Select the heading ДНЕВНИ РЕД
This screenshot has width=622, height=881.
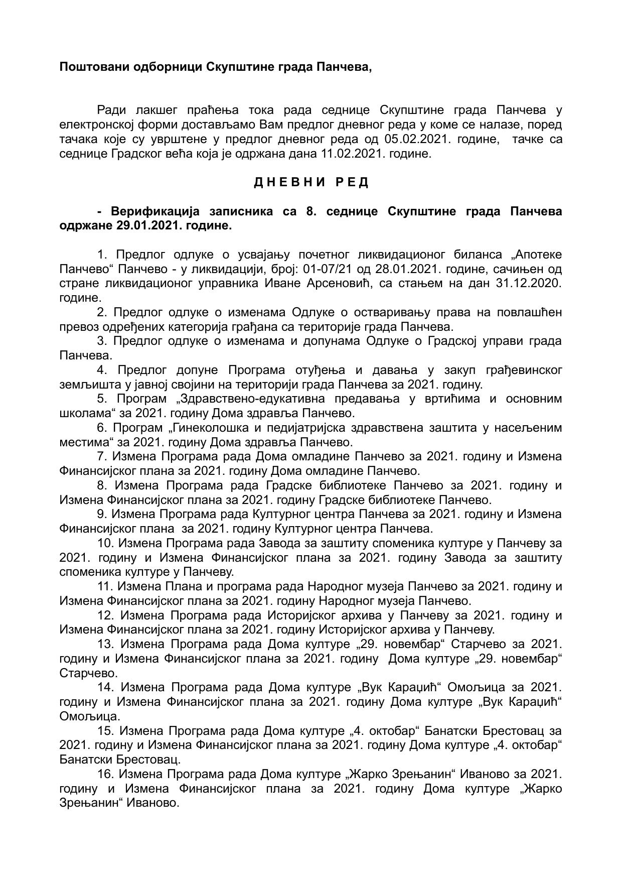pos(311,182)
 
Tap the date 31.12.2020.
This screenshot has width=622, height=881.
pos(529,284)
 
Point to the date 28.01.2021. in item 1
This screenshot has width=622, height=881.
pos(398,269)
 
